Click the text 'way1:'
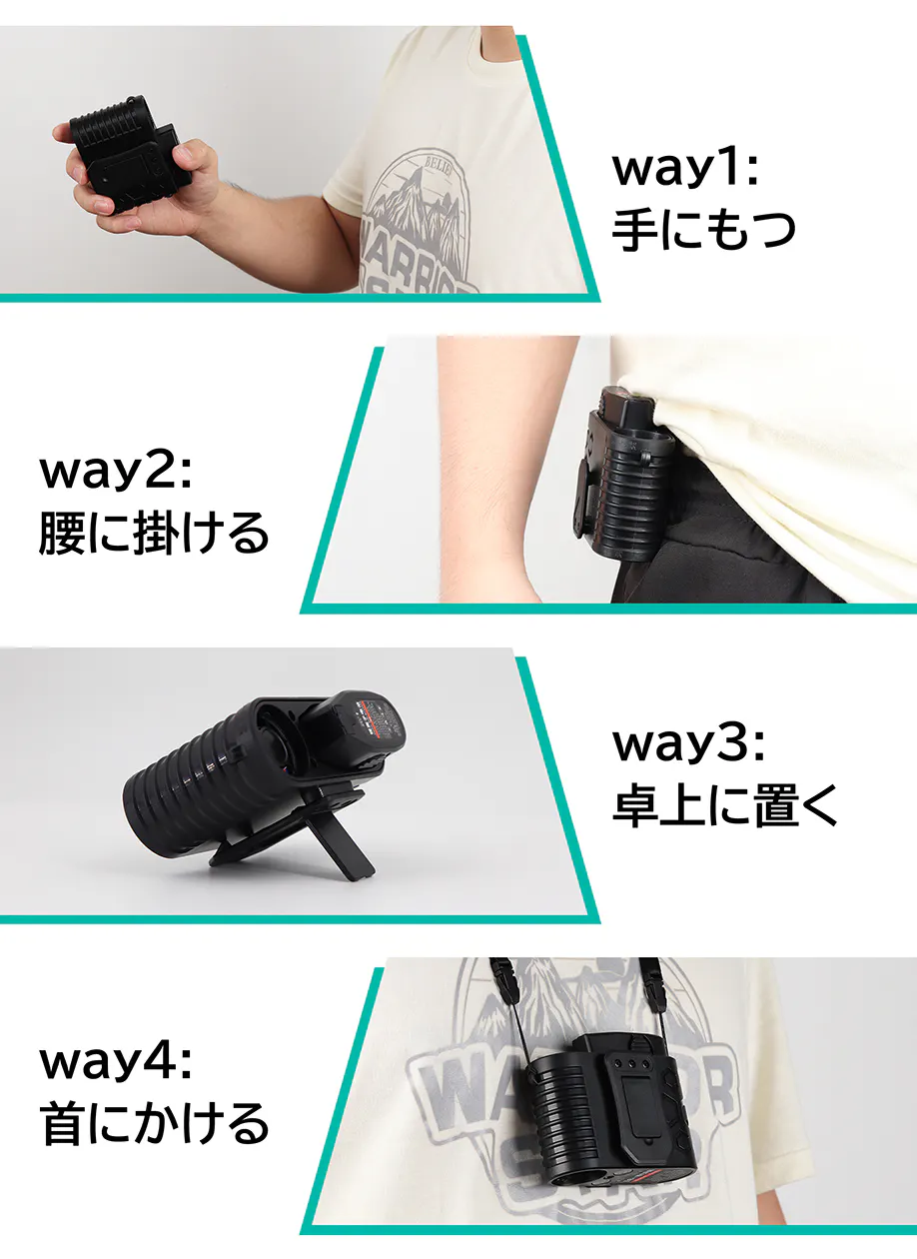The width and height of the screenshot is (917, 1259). coord(685,168)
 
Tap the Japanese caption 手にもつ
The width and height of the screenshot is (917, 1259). coord(703,230)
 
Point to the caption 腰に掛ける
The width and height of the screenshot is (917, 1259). coord(154,534)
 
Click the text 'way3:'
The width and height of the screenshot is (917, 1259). coord(688,743)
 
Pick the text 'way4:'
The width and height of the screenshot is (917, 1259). coord(115,1062)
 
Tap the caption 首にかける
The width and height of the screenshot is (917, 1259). coord(154,1122)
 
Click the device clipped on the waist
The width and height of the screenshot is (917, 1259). coord(621,475)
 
